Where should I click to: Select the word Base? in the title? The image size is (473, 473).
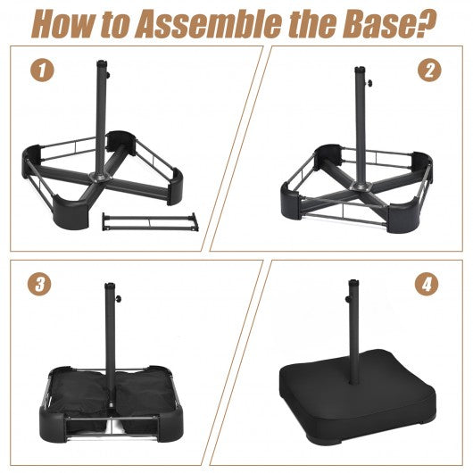[389, 23]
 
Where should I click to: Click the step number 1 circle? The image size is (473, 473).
[42, 70]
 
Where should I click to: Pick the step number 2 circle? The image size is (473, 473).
[429, 70]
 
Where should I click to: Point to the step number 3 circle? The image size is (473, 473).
[39, 284]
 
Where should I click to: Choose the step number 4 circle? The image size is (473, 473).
[427, 284]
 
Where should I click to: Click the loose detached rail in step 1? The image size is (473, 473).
[150, 222]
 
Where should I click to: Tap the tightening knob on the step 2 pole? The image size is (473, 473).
[369, 82]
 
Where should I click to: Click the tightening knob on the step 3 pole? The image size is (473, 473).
[119, 299]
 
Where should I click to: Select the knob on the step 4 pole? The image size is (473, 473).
[348, 299]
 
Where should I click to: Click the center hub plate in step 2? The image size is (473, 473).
[361, 187]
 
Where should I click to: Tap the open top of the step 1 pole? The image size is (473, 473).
[102, 63]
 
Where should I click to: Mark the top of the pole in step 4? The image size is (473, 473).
[353, 282]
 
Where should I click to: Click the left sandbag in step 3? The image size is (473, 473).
[80, 394]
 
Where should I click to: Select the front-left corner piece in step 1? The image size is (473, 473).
[71, 211]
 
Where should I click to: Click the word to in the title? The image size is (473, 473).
[115, 26]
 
